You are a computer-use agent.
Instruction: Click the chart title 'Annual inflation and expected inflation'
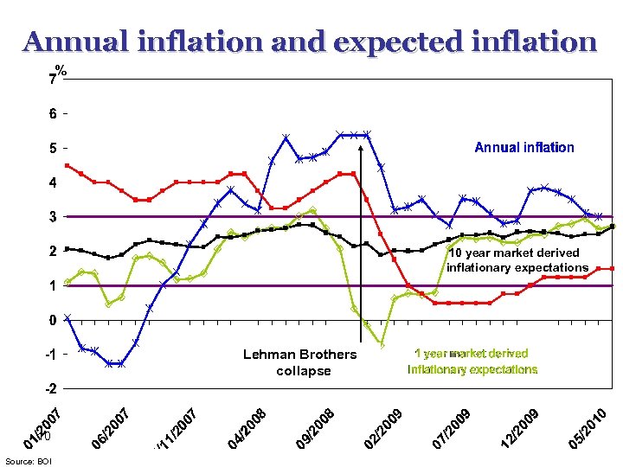point(310,42)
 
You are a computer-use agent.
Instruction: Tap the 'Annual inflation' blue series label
point(523,147)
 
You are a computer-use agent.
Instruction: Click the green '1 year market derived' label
point(472,354)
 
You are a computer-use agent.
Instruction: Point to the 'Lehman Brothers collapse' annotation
point(299,362)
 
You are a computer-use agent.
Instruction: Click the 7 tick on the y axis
point(53,80)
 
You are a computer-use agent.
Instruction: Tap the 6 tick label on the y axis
point(53,113)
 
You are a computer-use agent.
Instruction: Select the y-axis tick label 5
point(53,148)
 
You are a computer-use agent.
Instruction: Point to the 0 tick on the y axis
point(53,320)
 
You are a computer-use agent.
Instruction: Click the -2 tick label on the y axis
point(50,388)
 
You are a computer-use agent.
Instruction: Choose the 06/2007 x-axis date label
point(112,429)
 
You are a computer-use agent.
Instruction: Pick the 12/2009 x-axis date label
point(522,429)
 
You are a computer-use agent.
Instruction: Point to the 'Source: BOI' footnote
point(29,461)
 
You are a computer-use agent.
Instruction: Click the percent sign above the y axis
point(61,70)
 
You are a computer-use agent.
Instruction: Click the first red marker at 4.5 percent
point(67,165)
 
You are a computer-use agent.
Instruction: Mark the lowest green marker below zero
point(382,345)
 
